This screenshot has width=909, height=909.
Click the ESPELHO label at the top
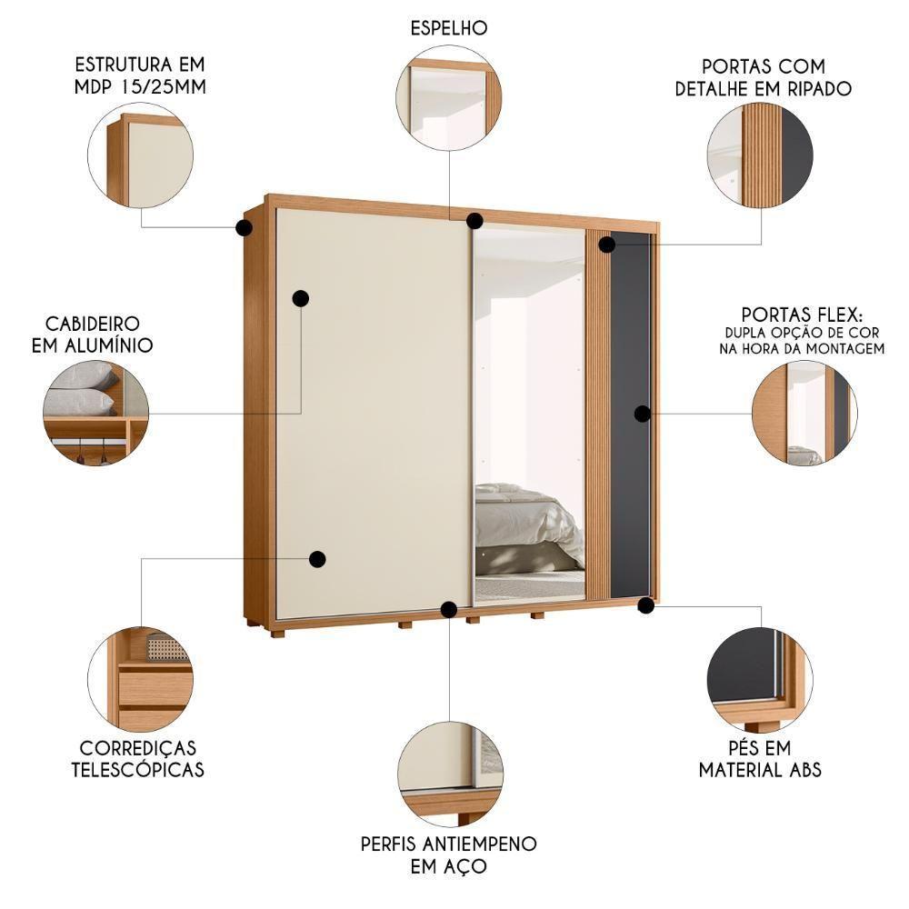click(449, 28)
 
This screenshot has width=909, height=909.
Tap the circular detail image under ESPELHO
click(449, 102)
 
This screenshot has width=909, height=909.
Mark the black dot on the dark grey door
click(642, 414)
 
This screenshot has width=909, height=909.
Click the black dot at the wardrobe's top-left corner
click(244, 227)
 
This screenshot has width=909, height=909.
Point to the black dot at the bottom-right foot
click(645, 604)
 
